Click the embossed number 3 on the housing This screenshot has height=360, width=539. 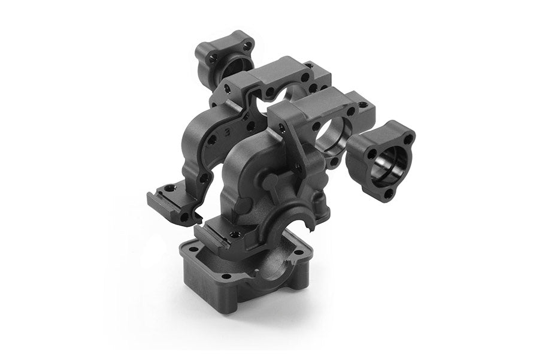(227, 129)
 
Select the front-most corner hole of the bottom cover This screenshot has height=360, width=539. (226, 277)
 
